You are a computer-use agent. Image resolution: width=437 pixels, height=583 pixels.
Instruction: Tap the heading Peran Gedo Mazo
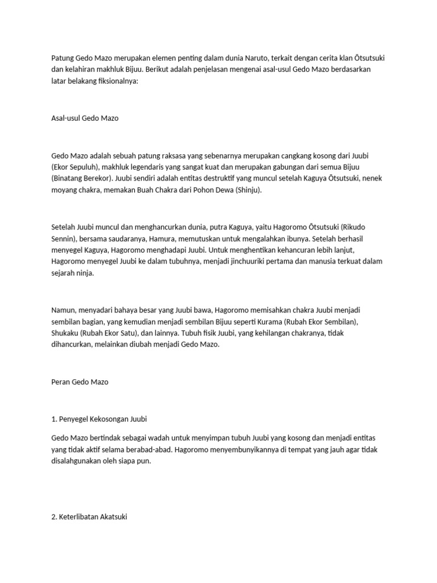coord(80,382)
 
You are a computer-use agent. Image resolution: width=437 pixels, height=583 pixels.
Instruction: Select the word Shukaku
coord(65,333)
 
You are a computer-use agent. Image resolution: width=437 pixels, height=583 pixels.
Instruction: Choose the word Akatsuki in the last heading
coord(113,519)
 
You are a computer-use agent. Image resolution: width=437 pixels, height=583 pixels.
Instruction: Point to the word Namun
coord(63,310)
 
